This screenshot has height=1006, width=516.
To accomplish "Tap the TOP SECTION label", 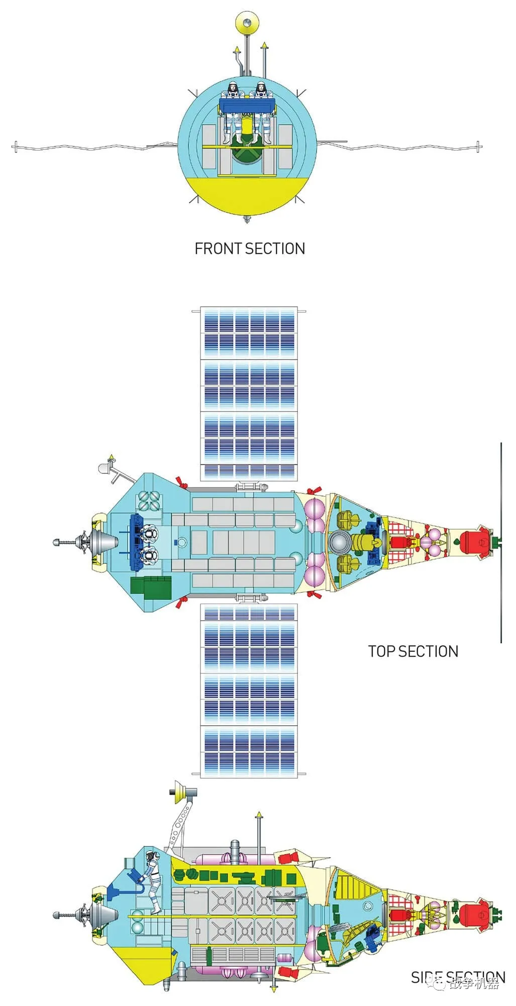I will tap(413, 651).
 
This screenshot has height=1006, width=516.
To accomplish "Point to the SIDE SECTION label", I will tap(458, 977).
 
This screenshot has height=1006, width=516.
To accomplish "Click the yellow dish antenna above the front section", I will tap(247, 23).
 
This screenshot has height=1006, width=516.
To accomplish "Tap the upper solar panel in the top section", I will tap(249, 392).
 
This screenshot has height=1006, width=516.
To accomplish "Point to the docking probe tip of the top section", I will tap(57, 542).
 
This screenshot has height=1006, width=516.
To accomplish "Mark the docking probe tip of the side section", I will tap(57, 914).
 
